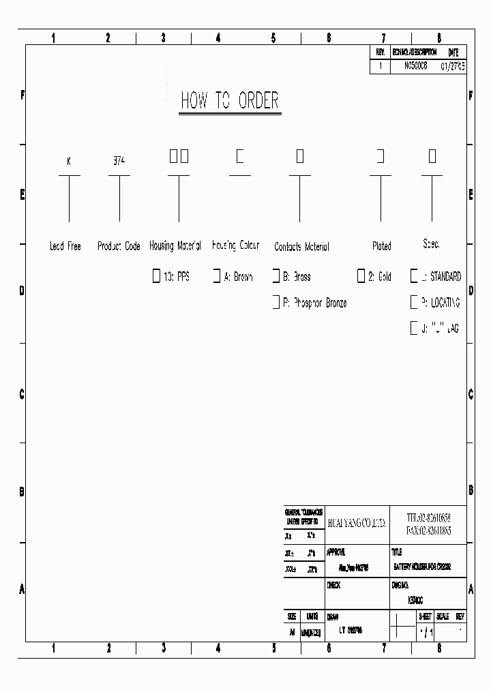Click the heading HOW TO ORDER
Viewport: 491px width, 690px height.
point(230,101)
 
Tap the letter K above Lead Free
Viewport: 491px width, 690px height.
point(69,162)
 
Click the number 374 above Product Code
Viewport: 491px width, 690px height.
point(119,162)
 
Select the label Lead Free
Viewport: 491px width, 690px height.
point(65,246)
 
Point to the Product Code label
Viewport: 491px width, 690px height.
point(119,246)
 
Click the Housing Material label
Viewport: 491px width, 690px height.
point(175,245)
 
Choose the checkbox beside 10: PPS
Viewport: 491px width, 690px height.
point(156,277)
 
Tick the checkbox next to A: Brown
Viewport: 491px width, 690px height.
point(216,277)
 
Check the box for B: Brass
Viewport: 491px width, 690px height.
point(276,277)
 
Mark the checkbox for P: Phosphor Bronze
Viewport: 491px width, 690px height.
point(276,302)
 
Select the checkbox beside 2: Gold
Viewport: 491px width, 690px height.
point(361,277)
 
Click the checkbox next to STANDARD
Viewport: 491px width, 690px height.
point(413,277)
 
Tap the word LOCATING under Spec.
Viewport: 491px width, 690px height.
point(445,302)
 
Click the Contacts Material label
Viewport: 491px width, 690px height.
point(301,247)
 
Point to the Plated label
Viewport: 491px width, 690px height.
point(382,246)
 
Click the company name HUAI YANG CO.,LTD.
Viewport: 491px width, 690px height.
point(357,523)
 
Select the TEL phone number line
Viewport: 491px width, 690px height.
point(428,517)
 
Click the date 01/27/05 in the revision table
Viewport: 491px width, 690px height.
point(453,67)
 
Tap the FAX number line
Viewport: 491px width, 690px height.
point(428,530)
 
